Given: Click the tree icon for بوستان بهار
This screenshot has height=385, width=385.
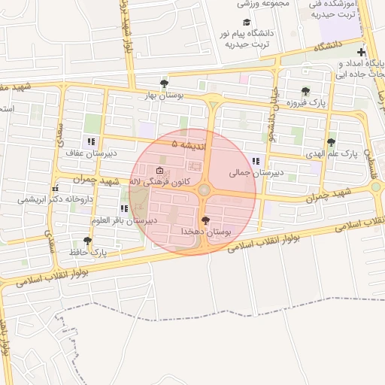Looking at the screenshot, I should tap(165, 83).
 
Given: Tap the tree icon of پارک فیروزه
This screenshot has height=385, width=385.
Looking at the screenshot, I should tap(305, 91).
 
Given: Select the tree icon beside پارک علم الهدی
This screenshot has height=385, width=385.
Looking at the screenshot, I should tap(331, 141).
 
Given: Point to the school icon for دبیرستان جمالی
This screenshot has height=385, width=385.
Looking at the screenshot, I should tap(256, 160).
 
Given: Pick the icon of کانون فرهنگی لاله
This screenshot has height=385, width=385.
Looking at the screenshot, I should tap(158, 170).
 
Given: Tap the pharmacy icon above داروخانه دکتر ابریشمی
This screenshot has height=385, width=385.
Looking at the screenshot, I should tap(55, 188).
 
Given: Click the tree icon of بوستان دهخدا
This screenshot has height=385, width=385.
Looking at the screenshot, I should tap(206, 220).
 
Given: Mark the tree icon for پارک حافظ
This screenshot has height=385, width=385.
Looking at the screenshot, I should tap(88, 241).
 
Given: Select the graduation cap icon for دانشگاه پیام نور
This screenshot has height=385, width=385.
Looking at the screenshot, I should tap(247, 23).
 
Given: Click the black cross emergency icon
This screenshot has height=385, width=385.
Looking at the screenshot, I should tap(362, 53).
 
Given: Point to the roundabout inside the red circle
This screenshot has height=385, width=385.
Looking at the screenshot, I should tap(205, 190).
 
